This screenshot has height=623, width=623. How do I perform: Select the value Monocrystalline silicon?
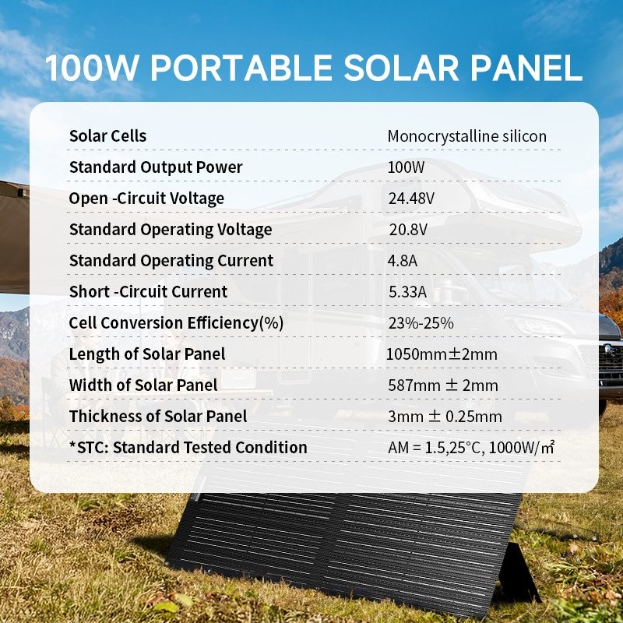467,136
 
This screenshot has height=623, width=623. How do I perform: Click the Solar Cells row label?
107,136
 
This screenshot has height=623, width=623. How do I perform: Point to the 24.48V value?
411,199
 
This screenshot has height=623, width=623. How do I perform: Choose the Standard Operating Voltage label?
171,230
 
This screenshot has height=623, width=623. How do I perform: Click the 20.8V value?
407,230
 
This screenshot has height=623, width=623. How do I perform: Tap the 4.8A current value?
403,261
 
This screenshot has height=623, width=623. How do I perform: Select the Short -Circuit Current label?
148,292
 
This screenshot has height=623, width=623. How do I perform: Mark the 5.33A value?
407,292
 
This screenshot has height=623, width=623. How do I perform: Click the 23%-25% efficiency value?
421,323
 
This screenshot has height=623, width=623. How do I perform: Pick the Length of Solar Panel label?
146,354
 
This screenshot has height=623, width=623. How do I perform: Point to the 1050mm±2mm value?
442,354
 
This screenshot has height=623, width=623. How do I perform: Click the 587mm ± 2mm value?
442,385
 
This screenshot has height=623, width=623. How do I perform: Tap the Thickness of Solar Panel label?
158,417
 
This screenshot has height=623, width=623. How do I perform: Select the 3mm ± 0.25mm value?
445,417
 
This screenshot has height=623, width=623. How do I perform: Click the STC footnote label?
188,448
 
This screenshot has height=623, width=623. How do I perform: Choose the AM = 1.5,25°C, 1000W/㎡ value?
472,448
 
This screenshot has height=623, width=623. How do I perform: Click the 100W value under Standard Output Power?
403,167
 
